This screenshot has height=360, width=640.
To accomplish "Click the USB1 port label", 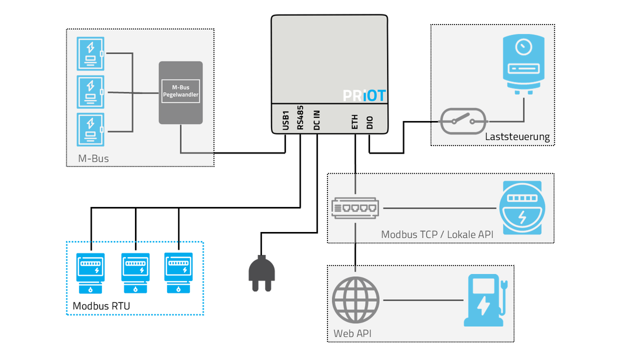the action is (285, 121).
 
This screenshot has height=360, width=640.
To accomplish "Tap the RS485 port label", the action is (300, 118).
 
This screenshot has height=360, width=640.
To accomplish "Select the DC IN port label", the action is (317, 121).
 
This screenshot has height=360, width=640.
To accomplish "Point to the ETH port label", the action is (355, 122).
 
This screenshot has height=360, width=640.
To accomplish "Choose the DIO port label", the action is (370, 122).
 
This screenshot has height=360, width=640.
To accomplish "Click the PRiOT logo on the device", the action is (364, 95).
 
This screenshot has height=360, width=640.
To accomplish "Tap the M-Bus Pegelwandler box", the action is (181, 93).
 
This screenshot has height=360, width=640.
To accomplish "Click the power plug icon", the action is (261, 273).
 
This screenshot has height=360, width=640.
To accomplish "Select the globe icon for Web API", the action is (355, 300).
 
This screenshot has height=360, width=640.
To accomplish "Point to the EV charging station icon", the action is (485, 300).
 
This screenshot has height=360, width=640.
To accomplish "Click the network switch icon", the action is (355, 208).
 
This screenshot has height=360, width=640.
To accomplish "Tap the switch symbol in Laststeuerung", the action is (463, 122).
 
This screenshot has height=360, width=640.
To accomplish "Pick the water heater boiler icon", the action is (523, 65).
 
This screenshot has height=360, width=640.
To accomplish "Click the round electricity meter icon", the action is (522, 207).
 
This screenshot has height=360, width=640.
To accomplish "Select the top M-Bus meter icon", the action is (90, 54).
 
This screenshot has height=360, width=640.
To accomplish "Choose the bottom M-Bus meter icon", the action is (90, 130).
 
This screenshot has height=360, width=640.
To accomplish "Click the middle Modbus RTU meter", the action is (135, 273).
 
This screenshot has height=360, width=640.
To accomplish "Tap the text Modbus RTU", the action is (101, 306).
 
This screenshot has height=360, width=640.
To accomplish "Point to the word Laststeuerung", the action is (517, 137).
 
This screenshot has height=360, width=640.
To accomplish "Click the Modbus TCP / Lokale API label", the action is (437, 235).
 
